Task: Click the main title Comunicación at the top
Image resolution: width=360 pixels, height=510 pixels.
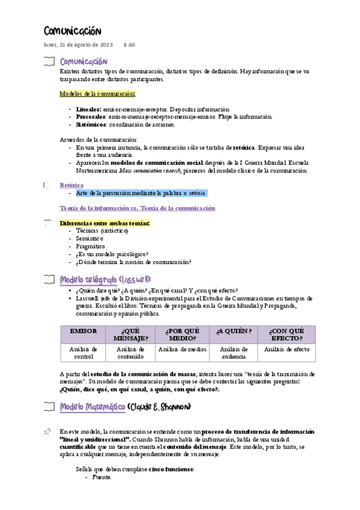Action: click(72, 31)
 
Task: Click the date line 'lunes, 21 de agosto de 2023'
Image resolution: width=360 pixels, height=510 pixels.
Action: click(78, 45)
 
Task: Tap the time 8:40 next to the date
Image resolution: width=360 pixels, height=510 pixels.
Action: click(129, 45)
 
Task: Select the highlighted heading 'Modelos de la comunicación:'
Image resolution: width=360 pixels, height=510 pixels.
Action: click(97, 93)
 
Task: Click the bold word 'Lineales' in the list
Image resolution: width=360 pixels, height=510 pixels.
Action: click(89, 109)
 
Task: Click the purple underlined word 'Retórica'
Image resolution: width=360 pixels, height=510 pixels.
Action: click(72, 185)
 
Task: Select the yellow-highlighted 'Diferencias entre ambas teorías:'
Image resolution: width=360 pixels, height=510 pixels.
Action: click(105, 223)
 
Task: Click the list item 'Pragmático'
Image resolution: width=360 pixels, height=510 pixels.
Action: click(90, 246)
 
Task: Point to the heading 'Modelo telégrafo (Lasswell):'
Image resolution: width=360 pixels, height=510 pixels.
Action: click(106, 279)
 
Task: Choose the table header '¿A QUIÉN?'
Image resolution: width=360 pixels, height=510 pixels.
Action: click(234, 331)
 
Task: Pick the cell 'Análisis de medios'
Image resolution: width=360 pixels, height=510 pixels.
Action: click(182, 349)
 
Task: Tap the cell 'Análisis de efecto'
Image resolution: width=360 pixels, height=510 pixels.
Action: click(287, 349)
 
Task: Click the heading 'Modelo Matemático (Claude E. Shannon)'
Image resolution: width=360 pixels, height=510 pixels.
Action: click(125, 407)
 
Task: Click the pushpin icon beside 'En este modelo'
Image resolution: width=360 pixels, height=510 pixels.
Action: click(47, 432)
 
